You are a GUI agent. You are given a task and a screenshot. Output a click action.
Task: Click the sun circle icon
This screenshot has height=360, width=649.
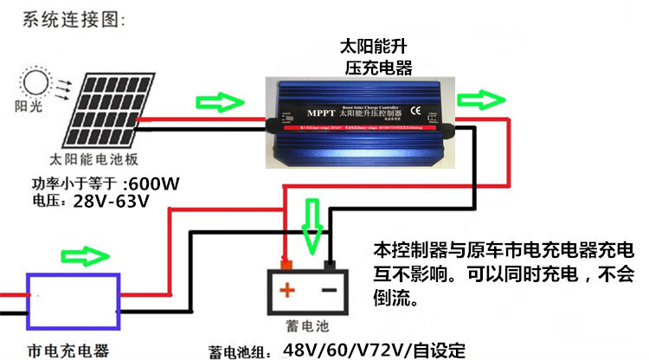click(35, 83)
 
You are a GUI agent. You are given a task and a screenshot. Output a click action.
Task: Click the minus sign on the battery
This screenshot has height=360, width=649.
click(329, 291)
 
